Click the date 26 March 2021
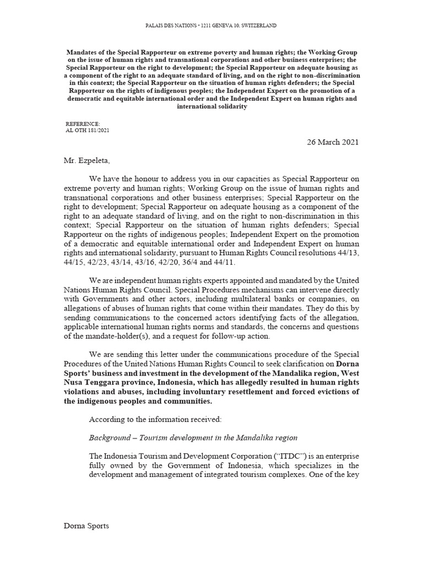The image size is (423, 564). pos(332,142)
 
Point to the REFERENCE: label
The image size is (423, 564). pos(83,124)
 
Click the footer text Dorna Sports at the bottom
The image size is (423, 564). pos(86,526)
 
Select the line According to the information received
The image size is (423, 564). pos(155,420)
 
